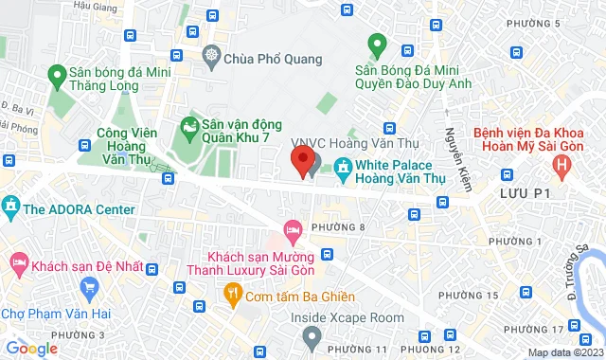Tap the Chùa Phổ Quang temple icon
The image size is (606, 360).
(211, 56)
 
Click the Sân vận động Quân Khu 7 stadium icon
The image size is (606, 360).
(189, 125)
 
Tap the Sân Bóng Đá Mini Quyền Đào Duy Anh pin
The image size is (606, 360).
(377, 44)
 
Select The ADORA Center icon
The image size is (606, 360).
(11, 206)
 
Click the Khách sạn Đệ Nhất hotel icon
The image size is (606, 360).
(18, 261)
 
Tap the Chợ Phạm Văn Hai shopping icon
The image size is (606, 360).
(90, 286)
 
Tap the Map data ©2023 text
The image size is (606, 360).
(565, 353)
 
